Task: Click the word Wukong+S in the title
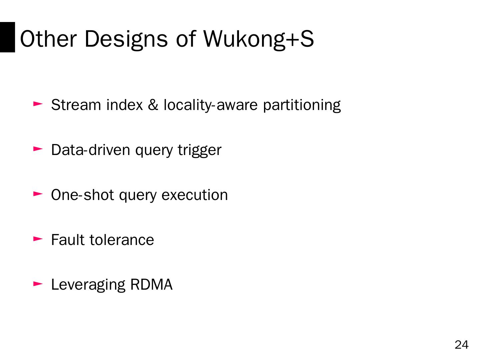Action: pos(258,39)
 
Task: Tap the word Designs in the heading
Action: pos(126,39)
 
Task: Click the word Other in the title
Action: pos(48,39)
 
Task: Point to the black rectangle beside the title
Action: pos(7,37)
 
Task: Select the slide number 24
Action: pos(461,345)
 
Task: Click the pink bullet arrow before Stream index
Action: pos(38,104)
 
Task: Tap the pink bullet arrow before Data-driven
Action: pos(38,149)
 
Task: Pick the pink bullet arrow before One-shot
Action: pos(38,194)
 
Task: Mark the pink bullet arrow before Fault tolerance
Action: pos(38,239)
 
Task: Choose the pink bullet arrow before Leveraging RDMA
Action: pos(38,284)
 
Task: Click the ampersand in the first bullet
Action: pos(153,105)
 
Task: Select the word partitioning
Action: pos(302,105)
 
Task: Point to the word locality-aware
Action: pos(210,105)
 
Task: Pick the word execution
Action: pos(195,195)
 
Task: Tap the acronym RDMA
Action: pos(151,285)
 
